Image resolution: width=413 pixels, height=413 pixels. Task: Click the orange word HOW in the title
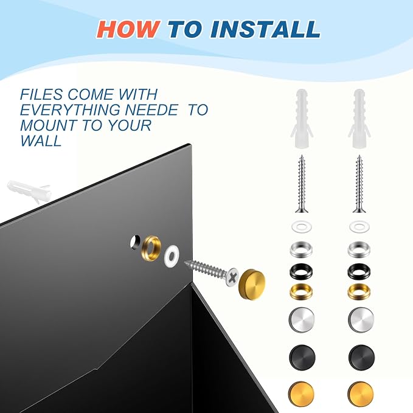[x=128, y=29]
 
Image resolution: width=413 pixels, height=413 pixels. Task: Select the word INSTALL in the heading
[x=265, y=29]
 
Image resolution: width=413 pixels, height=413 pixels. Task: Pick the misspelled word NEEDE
[x=151, y=110]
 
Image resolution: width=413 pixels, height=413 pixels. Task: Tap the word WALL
[x=41, y=141]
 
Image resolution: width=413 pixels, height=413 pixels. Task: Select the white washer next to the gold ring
[x=172, y=255]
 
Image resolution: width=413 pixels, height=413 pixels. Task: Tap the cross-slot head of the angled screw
[x=232, y=277]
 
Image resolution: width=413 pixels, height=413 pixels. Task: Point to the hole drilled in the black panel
[x=136, y=242]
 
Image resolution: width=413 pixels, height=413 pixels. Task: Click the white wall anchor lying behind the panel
[x=29, y=191]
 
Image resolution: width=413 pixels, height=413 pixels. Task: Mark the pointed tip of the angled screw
[x=185, y=262]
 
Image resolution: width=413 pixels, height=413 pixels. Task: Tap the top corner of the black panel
[x=190, y=144]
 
